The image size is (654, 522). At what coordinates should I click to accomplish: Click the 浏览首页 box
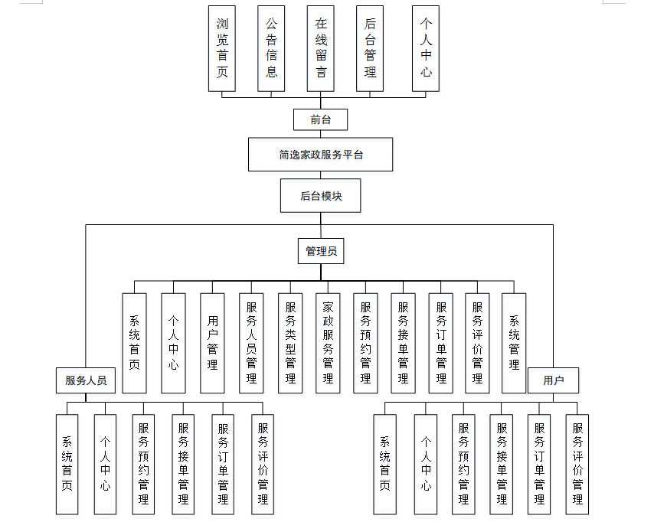tap(222, 48)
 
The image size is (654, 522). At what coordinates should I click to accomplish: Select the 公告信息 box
tap(271, 48)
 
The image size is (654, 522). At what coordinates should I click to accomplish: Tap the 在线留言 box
tap(320, 48)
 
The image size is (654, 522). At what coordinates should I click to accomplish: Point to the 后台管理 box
tap(370, 48)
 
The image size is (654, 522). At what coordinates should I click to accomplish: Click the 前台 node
tap(320, 119)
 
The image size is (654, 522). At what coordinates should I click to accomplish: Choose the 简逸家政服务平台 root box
tap(320, 155)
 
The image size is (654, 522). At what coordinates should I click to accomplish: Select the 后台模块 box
tap(320, 196)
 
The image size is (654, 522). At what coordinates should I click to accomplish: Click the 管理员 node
tap(321, 251)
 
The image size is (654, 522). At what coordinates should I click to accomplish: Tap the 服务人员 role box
tap(86, 380)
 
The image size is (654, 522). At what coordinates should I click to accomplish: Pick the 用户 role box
tap(553, 380)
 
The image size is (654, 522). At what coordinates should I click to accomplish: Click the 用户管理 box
tap(212, 343)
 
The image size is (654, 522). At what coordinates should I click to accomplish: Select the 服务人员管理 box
tap(251, 343)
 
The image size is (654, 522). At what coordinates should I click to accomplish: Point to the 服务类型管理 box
tap(290, 343)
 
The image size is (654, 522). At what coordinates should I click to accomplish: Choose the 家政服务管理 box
tap(328, 343)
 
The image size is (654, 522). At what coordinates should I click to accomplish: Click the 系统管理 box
tap(514, 343)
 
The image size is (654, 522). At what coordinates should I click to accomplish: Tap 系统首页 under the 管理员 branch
tap(134, 343)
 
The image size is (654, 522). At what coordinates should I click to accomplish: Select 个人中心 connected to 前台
tap(426, 48)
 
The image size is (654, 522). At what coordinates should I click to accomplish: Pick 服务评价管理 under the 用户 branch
tap(577, 465)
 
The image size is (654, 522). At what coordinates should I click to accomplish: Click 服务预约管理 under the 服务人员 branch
tap(143, 465)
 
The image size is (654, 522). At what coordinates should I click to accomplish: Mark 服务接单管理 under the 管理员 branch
tap(403, 343)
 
